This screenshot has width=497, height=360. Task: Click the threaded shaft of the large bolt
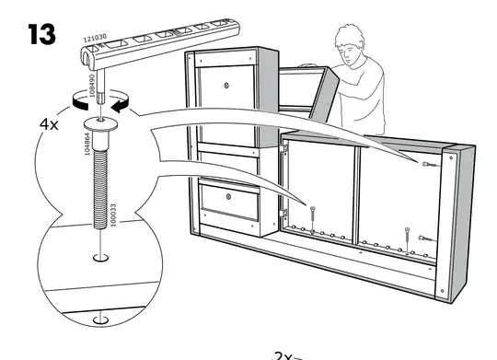[100, 193]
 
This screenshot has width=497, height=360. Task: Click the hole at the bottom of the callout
[100, 321]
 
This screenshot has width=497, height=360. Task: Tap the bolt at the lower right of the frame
[424, 238]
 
